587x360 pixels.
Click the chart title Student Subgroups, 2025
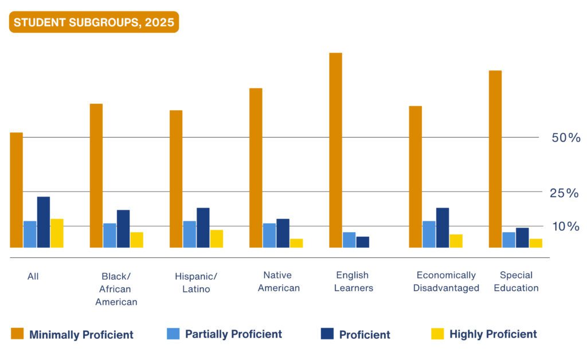[93, 22]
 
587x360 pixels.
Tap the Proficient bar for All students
[44, 222]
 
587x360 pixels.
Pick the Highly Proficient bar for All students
[57, 233]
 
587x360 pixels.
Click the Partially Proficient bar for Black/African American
[109, 236]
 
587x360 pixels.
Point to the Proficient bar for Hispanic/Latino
[203, 228]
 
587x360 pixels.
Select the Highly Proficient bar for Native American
[296, 243]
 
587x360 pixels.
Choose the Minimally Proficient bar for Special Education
[495, 159]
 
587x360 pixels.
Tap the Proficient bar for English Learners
[362, 242]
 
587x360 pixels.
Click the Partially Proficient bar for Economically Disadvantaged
[429, 234]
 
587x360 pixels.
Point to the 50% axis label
[566, 138]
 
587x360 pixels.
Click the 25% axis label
[564, 193]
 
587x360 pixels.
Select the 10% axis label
[565, 227]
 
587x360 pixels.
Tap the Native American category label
[278, 281]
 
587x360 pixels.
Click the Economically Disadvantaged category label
[446, 281]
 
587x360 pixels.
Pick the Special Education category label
[516, 281]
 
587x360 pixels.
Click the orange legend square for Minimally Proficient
[18, 334]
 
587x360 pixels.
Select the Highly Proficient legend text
[493, 334]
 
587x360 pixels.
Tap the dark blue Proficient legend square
[327, 334]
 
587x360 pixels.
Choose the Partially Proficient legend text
[233, 334]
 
